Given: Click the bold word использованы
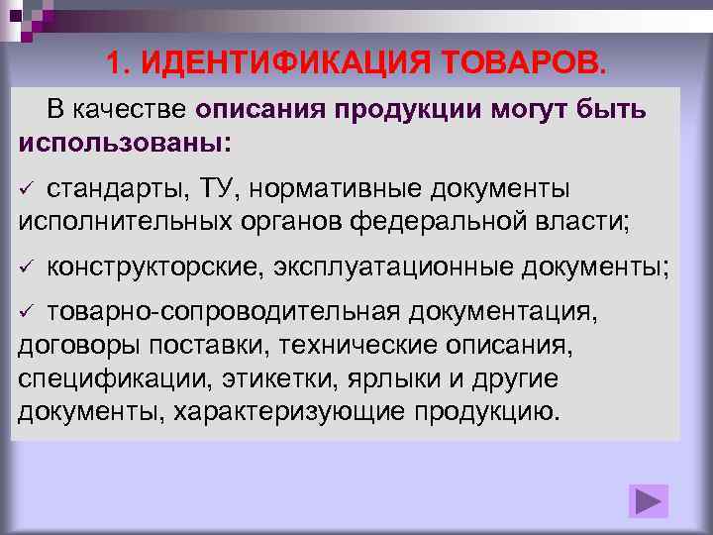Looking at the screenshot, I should (x=121, y=141).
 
